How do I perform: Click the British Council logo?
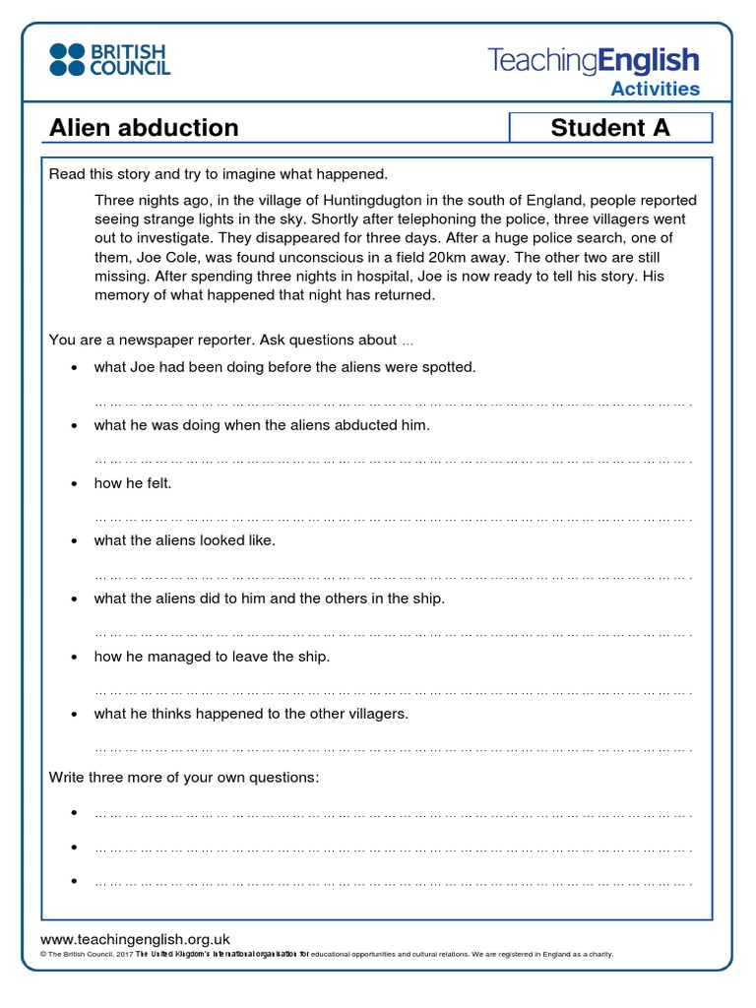point(109,59)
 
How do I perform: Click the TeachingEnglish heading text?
point(594,60)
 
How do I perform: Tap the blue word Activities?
point(656,90)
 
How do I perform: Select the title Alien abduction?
point(144,128)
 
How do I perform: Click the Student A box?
point(609,128)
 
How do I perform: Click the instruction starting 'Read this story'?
point(219,174)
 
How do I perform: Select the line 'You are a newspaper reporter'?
point(231,341)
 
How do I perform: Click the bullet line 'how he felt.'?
point(133,483)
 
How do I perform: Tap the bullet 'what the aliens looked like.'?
point(185,540)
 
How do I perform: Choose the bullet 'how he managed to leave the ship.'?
point(212,657)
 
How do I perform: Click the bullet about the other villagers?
point(251,714)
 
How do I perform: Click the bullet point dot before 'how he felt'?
point(74,484)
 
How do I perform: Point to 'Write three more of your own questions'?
point(184,778)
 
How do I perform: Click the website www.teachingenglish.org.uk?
point(135,940)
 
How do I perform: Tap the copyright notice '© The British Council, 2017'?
point(85,955)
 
